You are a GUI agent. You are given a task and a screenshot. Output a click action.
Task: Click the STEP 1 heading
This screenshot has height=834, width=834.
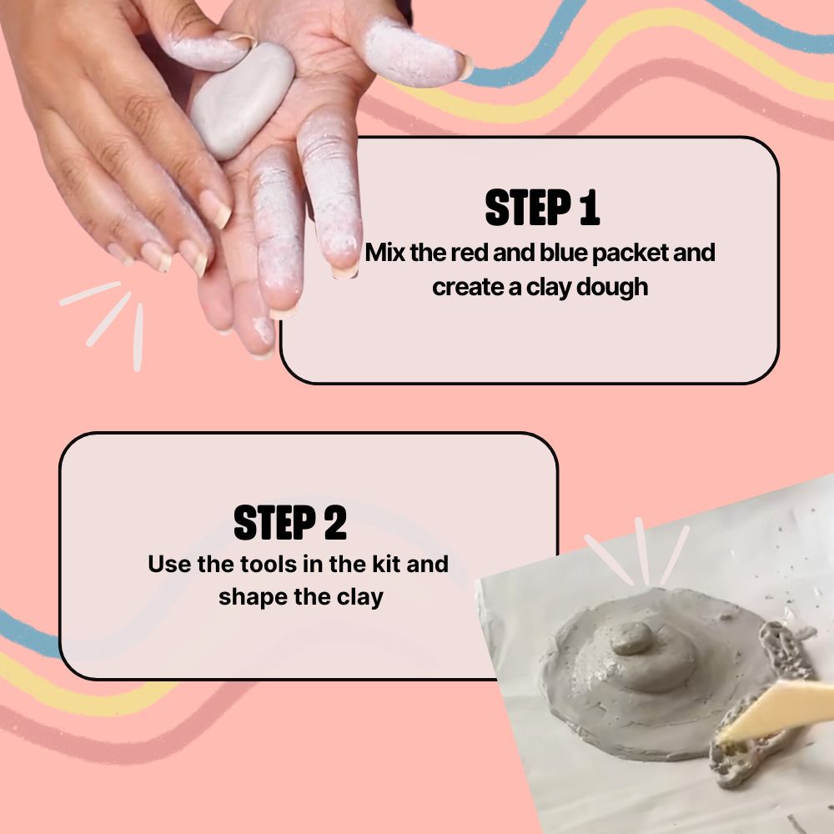(542, 208)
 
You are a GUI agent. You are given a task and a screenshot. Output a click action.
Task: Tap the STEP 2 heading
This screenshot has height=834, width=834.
(289, 523)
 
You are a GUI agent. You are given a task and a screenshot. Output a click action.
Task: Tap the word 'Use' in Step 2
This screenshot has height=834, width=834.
(169, 564)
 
